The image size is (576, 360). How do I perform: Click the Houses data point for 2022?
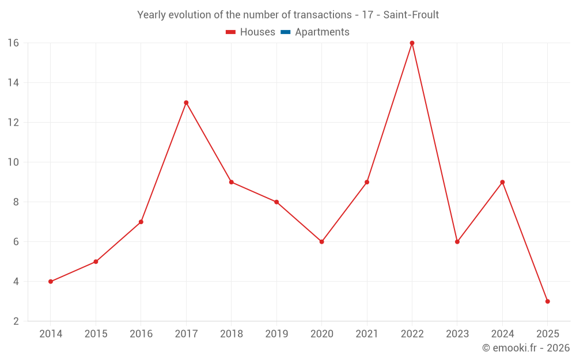tap(412, 43)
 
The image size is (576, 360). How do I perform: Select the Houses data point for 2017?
tap(186, 103)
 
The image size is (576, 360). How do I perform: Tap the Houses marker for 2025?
tap(547, 301)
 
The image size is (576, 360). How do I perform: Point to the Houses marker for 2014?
tap(51, 282)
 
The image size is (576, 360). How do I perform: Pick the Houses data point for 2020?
tap(321, 242)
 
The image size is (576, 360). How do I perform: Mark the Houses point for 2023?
tap(457, 242)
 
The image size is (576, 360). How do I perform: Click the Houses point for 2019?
tap(276, 202)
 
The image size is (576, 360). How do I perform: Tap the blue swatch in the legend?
tap(285, 32)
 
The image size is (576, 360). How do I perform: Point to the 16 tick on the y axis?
tap(13, 43)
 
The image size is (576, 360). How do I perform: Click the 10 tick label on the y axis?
tap(13, 162)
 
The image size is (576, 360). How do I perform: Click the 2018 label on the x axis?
tap(232, 334)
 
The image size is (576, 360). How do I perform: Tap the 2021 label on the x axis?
tap(367, 334)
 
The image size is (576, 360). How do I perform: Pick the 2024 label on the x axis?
tap(502, 334)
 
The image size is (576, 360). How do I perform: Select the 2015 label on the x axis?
tap(96, 334)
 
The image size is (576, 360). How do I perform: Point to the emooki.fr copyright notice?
tap(525, 348)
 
